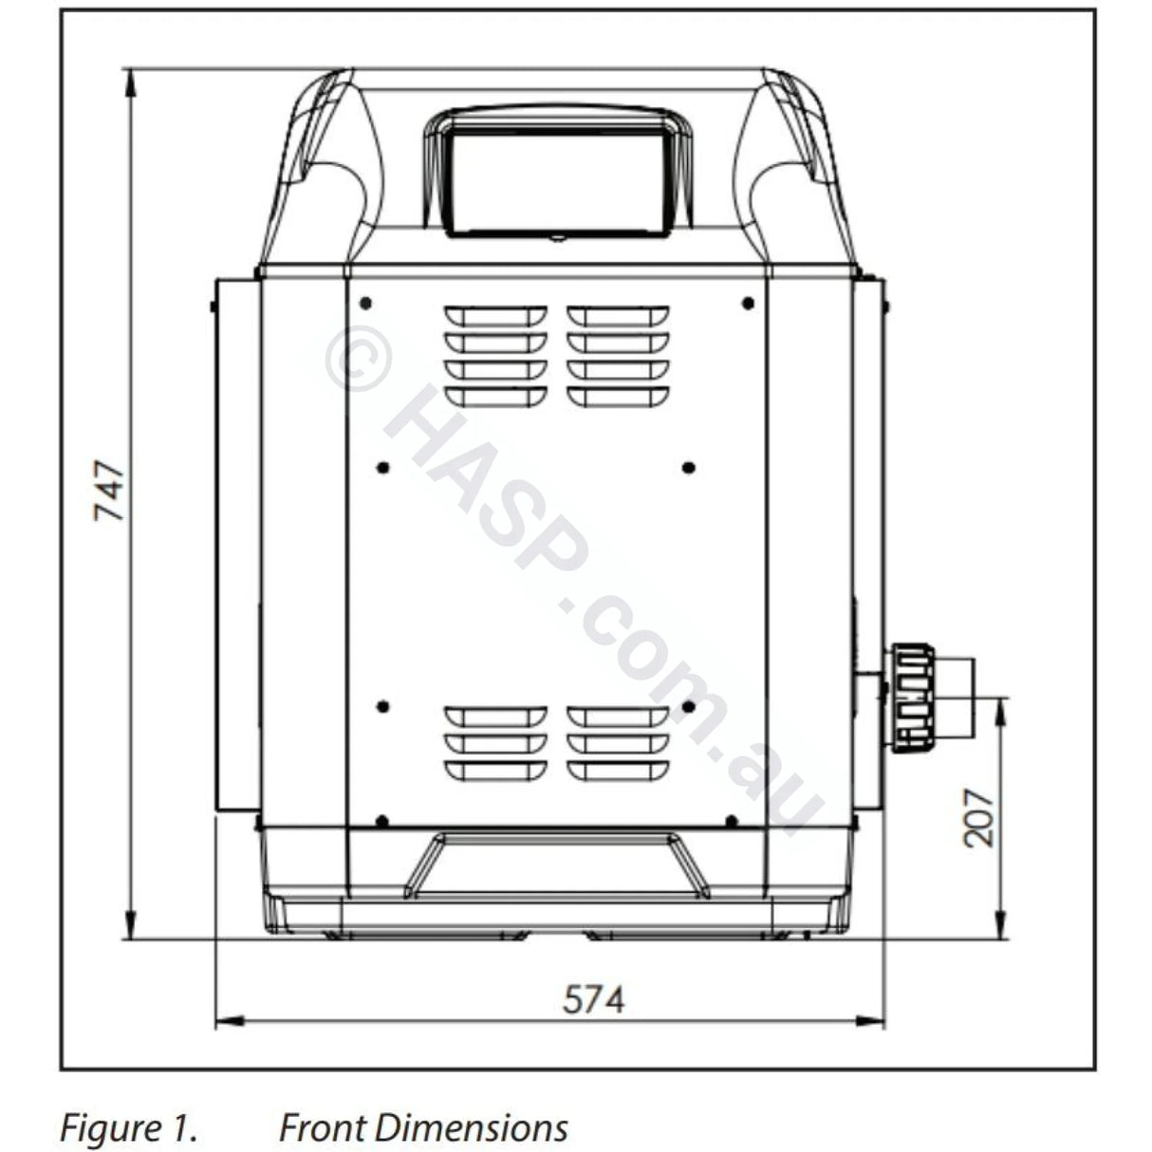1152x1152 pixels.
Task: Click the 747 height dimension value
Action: (110, 490)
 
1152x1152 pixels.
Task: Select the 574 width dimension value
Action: (594, 999)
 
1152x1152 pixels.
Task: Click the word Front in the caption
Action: (320, 1127)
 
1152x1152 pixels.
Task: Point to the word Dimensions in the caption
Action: (471, 1127)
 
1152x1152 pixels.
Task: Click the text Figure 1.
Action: (129, 1127)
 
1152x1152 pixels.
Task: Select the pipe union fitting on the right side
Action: (911, 698)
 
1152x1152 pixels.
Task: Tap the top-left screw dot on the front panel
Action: (365, 303)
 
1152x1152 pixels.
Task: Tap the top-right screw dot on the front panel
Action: (748, 303)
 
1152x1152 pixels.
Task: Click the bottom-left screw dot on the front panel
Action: (381, 820)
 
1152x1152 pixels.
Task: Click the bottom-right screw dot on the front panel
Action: (731, 820)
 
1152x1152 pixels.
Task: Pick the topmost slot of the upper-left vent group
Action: (495, 314)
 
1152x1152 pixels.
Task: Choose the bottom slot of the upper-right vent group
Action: (618, 394)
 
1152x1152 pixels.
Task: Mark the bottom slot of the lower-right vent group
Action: (618, 769)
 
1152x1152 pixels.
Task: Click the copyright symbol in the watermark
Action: (358, 358)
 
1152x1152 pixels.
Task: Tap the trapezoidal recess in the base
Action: (556, 864)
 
